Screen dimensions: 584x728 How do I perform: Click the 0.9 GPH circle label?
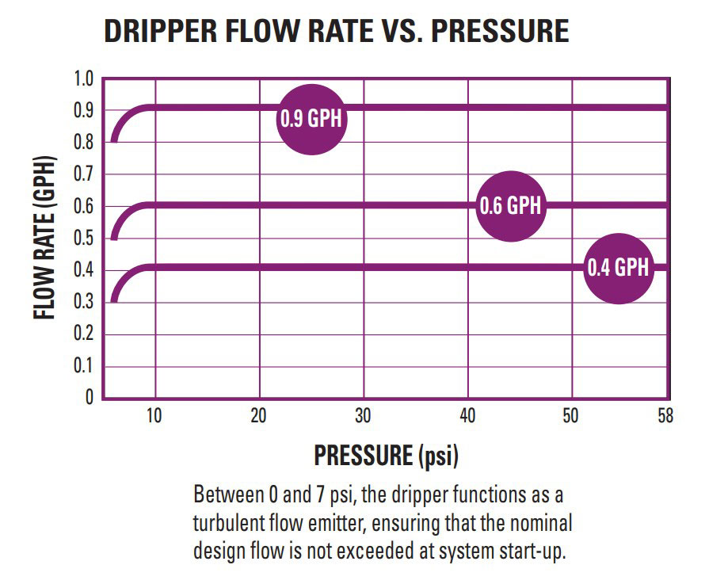pos(313,119)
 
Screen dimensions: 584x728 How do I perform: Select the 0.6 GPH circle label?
pos(511,206)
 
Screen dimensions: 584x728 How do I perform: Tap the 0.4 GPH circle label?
pos(618,268)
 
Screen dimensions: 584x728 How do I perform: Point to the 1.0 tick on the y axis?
pos(84,79)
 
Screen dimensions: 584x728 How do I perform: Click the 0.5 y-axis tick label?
pos(84,239)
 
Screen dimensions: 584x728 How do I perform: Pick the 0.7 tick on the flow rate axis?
pos(84,174)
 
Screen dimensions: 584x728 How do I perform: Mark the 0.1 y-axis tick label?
pos(84,366)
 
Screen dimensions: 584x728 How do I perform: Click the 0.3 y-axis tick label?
pos(84,303)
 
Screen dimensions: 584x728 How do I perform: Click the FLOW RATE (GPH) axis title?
pos(46,238)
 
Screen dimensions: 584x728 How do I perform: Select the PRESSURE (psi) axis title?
pos(387,456)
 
